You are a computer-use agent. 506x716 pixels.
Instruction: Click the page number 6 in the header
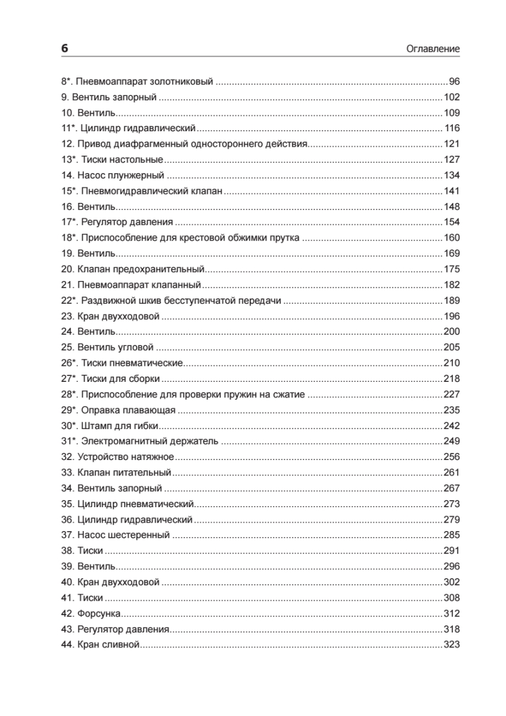[64, 49]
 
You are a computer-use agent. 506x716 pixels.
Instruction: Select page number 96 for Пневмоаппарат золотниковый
[454, 82]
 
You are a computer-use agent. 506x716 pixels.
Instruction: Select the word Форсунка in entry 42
[100, 613]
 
